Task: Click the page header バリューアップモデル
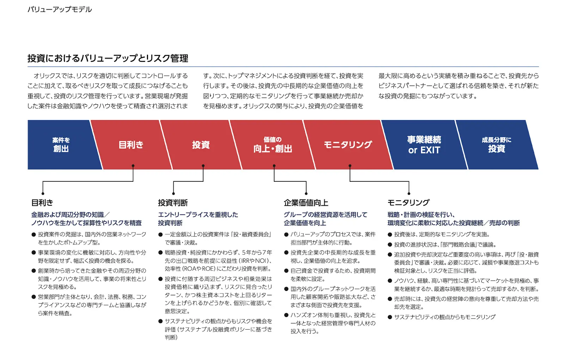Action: click(x=60, y=10)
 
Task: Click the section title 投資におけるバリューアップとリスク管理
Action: click(x=108, y=58)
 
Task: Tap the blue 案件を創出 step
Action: click(x=61, y=145)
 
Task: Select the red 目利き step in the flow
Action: click(x=131, y=145)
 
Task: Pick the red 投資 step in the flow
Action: click(x=201, y=145)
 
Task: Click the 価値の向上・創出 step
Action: click(x=272, y=145)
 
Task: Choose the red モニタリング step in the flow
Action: click(x=348, y=145)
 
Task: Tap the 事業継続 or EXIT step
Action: click(x=424, y=145)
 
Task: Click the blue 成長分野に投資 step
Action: click(x=496, y=145)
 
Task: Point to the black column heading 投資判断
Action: click(x=173, y=203)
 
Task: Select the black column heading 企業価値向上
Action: click(x=306, y=203)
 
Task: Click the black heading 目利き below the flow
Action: click(x=42, y=203)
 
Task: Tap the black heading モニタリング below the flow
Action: click(x=409, y=203)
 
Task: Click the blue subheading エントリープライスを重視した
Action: click(x=198, y=215)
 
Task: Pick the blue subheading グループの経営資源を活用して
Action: click(x=325, y=215)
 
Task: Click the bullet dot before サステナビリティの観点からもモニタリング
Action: click(x=390, y=317)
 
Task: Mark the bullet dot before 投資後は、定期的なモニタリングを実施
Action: click(x=390, y=235)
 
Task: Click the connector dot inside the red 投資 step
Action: click(x=203, y=166)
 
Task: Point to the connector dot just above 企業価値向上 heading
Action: click(x=306, y=193)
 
